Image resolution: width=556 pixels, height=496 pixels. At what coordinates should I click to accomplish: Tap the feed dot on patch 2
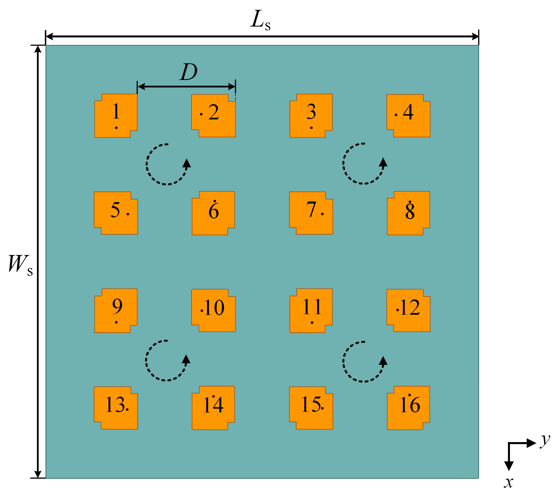(x=201, y=114)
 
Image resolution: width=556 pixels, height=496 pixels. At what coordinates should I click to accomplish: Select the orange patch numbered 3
(x=311, y=116)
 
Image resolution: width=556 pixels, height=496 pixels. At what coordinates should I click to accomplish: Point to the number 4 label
(x=408, y=112)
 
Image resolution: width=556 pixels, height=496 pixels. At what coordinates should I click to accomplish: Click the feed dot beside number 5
(x=128, y=214)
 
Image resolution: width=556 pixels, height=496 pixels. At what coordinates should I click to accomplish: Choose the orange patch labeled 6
(x=213, y=213)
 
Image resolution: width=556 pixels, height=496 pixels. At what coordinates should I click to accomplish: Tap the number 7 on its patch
(x=311, y=210)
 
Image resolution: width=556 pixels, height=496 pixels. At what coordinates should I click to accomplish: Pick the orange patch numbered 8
(x=408, y=213)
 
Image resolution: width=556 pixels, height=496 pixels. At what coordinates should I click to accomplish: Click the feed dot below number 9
(x=116, y=322)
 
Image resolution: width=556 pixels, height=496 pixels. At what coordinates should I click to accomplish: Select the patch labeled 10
(x=213, y=310)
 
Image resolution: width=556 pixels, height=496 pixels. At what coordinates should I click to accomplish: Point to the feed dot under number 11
(x=312, y=323)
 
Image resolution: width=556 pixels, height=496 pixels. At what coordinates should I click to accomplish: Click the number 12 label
(x=410, y=307)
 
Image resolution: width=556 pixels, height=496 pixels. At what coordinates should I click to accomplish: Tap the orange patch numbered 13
(x=116, y=408)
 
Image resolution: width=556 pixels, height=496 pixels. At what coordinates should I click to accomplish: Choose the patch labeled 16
(x=408, y=408)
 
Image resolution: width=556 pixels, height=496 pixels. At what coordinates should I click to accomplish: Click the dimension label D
(x=188, y=72)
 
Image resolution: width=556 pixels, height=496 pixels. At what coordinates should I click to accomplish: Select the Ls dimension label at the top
(x=260, y=20)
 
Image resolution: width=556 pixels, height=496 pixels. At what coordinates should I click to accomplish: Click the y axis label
(x=545, y=441)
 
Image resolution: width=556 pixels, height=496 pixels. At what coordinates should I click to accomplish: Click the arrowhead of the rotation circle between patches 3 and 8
(x=383, y=162)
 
